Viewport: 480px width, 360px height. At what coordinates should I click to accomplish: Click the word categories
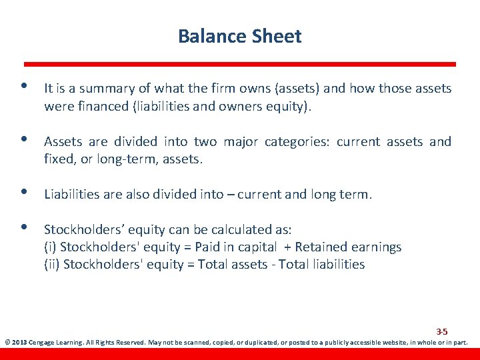[x=297, y=142]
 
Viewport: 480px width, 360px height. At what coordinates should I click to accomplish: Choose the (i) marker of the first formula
[x=50, y=247]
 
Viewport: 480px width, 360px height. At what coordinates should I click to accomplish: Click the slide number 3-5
[x=441, y=331]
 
